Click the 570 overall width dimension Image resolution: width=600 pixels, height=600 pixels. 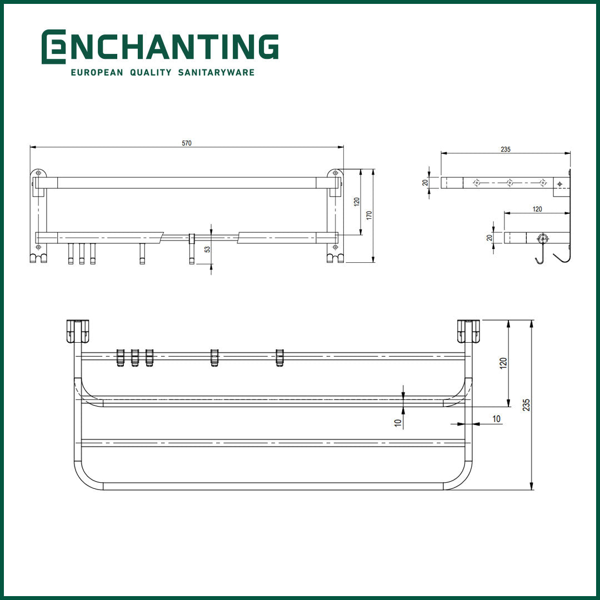187,143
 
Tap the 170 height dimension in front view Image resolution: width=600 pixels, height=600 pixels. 369,215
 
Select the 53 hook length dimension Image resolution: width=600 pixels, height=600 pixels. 207,249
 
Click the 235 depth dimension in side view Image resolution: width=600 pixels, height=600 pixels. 505,149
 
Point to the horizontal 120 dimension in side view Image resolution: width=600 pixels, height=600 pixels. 537,209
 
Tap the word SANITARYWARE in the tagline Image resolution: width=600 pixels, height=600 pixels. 216,73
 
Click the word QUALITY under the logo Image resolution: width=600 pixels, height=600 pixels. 150,73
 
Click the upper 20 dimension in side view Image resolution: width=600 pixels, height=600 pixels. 426,182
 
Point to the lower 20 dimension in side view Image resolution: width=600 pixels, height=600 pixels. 489,238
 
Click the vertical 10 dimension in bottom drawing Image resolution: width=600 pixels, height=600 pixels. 398,422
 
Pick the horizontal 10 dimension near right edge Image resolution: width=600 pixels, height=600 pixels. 496,418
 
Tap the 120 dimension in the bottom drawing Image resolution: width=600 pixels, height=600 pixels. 503,363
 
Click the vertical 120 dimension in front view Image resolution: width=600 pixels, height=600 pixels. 357,202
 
